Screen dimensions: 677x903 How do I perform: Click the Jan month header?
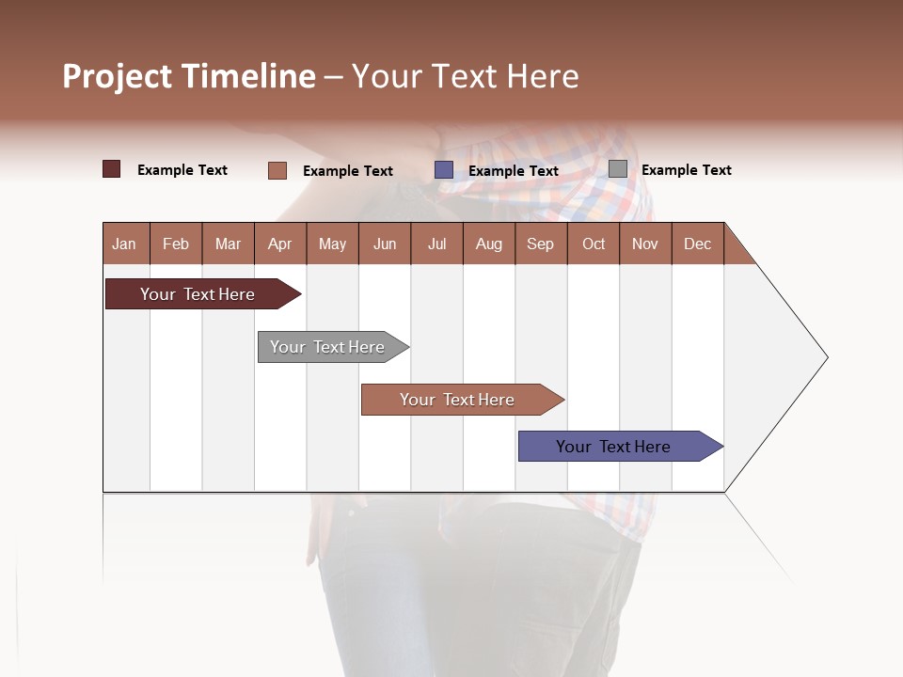pos(124,244)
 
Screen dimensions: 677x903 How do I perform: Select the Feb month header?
pos(176,244)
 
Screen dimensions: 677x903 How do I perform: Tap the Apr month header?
pos(280,244)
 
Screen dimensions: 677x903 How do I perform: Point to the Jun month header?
pos(385,244)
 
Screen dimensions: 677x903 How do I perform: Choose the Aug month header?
pos(489,244)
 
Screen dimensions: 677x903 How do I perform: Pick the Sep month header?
pos(541,244)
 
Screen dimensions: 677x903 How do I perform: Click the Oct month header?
pos(594,244)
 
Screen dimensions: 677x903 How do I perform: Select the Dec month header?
pos(698,244)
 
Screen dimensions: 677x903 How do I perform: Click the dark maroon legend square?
pos(112,169)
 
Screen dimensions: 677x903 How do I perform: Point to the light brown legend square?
pos(277,170)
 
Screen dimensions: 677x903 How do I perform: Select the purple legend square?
pos(444,170)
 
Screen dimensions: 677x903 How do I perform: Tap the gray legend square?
pos(618,169)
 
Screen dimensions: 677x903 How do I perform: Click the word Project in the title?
pos(119,76)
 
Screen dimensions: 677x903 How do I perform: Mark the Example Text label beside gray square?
pos(687,170)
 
